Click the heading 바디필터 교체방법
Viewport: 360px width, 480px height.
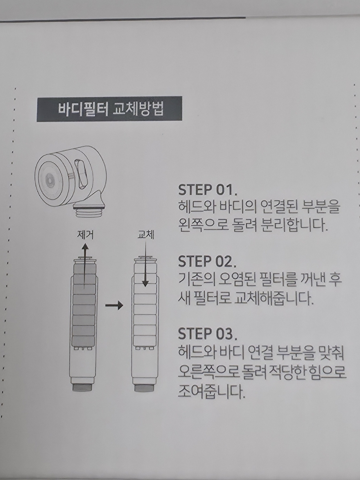(110, 109)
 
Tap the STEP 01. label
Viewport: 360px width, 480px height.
(208, 190)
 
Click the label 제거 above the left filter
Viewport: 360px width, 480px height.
(85, 235)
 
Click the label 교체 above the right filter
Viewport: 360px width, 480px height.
(145, 235)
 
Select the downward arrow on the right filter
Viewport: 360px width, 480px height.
(145, 271)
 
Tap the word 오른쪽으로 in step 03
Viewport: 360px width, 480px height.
(206, 371)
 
